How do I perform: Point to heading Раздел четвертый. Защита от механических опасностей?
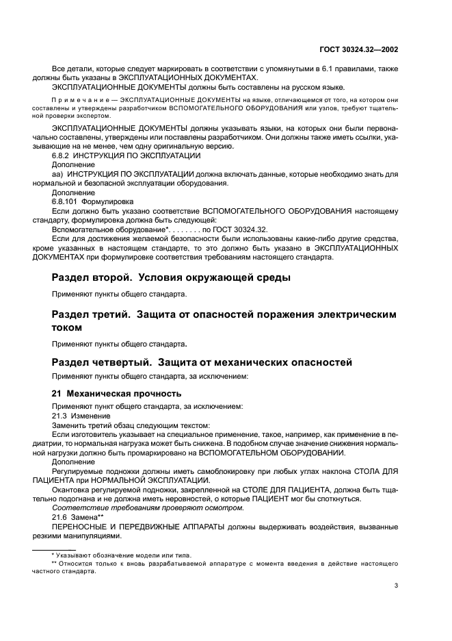(202, 361)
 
